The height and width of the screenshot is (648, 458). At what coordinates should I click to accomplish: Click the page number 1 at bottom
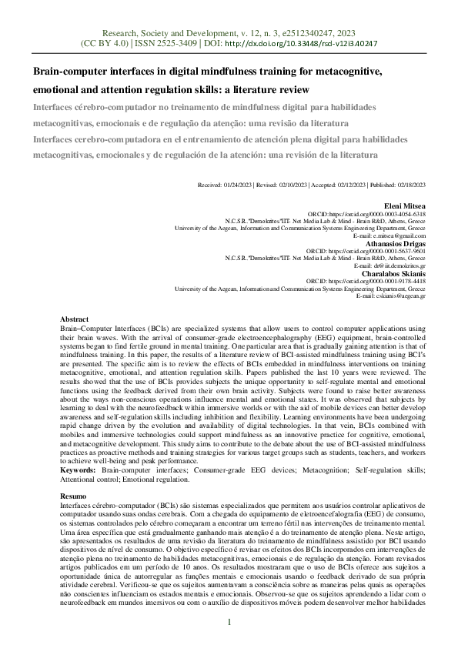pos(229,621)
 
